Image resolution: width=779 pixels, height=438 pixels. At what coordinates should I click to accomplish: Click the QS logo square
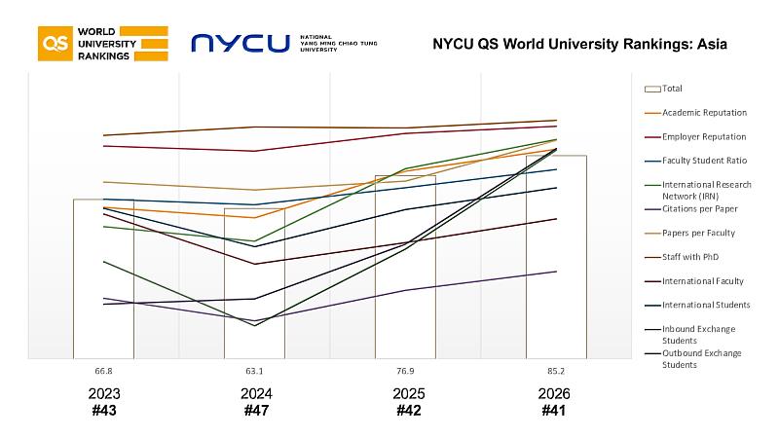54,44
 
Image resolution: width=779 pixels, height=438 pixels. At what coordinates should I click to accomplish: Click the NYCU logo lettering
241,44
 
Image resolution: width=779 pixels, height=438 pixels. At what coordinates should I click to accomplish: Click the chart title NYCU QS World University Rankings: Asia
579,45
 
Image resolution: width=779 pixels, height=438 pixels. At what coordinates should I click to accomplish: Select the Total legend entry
672,89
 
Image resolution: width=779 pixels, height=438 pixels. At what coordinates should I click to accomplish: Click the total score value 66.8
103,371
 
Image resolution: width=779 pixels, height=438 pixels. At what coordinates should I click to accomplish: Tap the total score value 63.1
254,371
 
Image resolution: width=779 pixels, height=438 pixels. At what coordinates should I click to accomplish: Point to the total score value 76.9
405,371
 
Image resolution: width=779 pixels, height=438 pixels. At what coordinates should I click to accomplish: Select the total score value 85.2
555,371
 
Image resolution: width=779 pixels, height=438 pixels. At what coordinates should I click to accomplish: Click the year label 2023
103,394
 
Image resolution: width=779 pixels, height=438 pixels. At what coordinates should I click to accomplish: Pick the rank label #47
255,411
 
